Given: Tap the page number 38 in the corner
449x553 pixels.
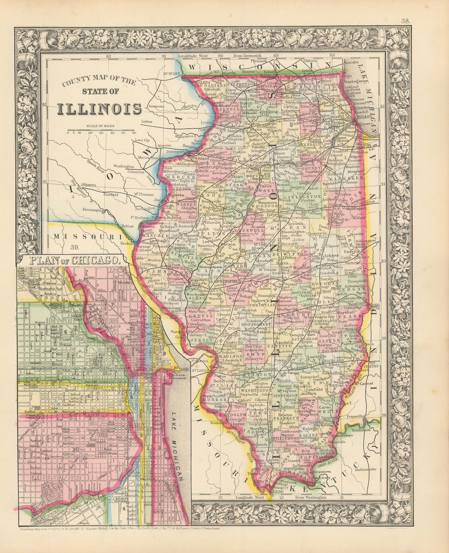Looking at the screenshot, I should click(x=406, y=21).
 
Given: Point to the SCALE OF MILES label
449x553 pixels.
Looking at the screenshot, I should click(x=100, y=126).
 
